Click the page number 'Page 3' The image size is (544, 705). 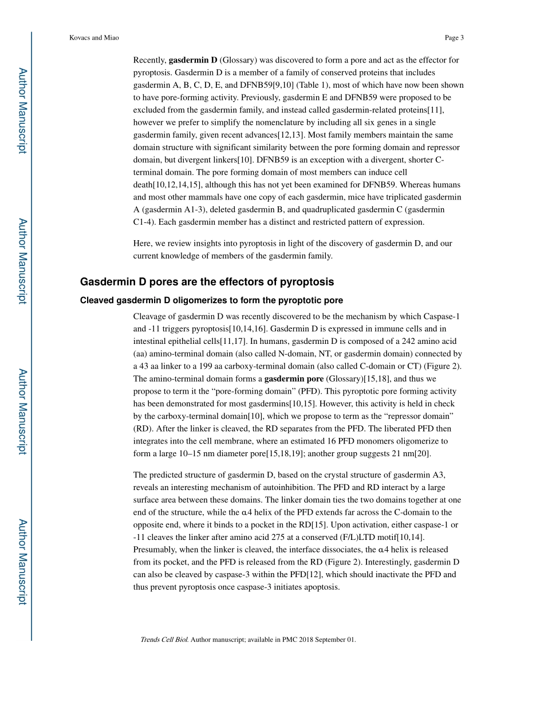click(x=454, y=38)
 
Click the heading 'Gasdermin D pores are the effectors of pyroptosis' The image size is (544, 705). click(x=207, y=282)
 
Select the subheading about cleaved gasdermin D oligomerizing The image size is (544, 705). click(x=211, y=300)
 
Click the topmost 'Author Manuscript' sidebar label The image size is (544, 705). click(x=22, y=111)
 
